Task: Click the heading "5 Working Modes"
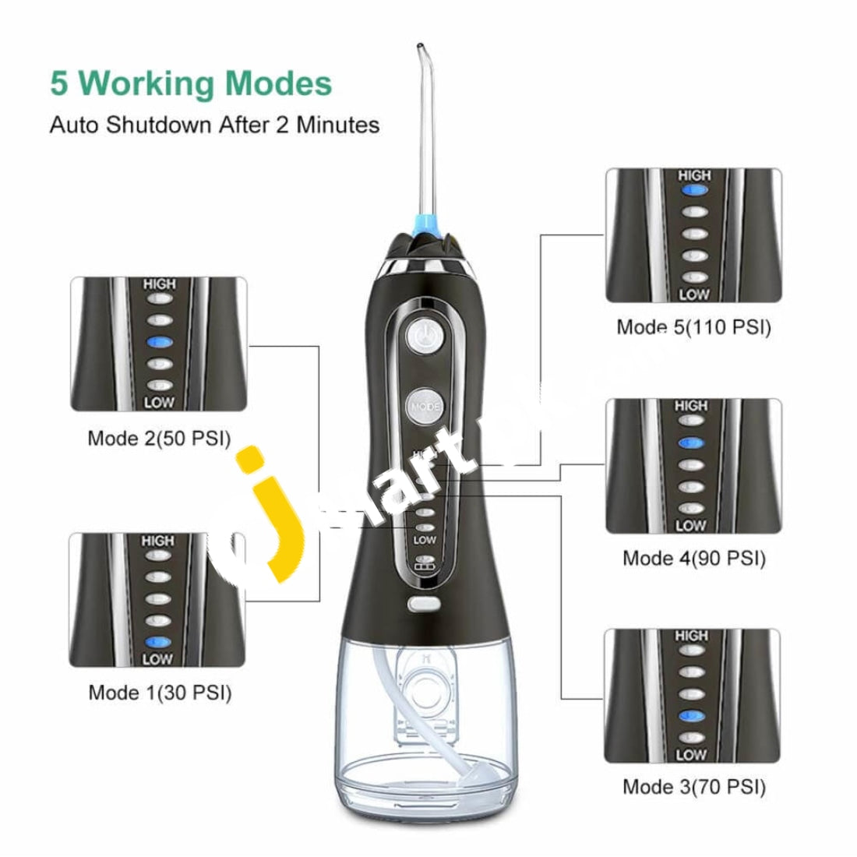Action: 191,83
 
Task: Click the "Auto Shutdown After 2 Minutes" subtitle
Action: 214,125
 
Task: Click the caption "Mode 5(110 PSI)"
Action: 693,327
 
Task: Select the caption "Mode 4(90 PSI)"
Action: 693,558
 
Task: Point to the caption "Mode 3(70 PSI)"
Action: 693,786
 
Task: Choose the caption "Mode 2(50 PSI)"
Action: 159,438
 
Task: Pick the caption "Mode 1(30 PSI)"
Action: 160,692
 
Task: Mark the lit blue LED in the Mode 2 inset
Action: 159,341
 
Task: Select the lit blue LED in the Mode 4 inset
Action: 691,443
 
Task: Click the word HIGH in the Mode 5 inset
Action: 693,176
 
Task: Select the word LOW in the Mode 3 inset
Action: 691,755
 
